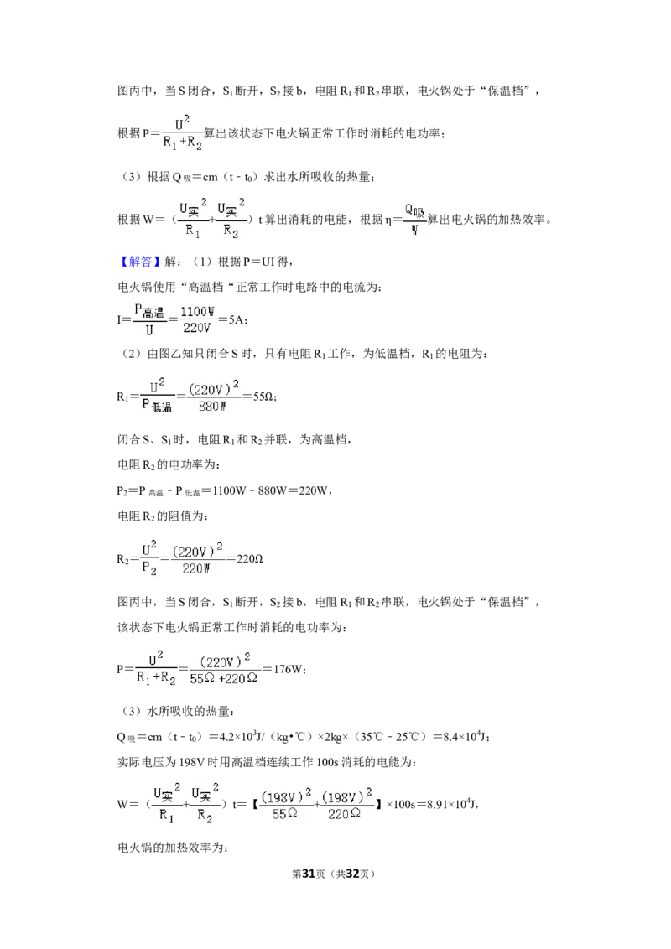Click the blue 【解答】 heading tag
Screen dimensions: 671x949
click(x=139, y=262)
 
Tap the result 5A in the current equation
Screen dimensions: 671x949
click(x=237, y=319)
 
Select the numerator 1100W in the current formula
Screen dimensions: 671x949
click(x=197, y=312)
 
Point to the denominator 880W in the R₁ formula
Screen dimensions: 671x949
click(x=212, y=406)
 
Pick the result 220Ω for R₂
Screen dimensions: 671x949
click(x=249, y=558)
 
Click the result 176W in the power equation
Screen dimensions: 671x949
click(x=288, y=669)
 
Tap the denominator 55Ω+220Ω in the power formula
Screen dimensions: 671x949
click(x=223, y=678)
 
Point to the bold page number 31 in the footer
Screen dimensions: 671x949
click(x=309, y=874)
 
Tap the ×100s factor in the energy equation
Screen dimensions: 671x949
click(x=402, y=804)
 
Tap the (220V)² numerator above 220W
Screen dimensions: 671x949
click(x=197, y=551)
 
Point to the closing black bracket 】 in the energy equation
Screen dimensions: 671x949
click(x=379, y=804)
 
